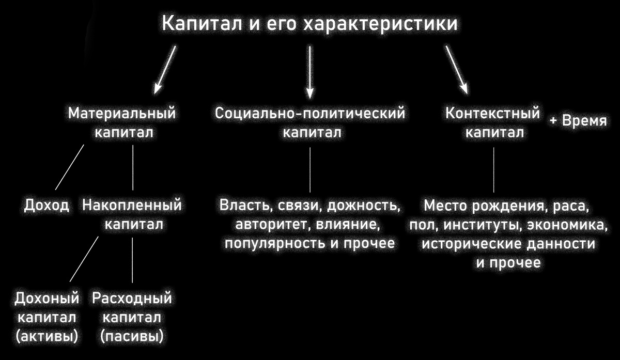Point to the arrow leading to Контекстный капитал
pyautogui.click(x=457, y=69)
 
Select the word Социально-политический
pyautogui.click(x=310, y=113)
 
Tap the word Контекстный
pyautogui.click(x=492, y=113)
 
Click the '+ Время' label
pyautogui.click(x=577, y=122)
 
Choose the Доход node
pyautogui.click(x=47, y=206)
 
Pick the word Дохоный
pyautogui.click(x=47, y=298)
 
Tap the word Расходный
pyautogui.click(x=132, y=298)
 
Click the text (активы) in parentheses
pyautogui.click(x=47, y=336)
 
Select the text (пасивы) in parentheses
pyautogui.click(x=132, y=336)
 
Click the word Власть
pyautogui.click(x=243, y=206)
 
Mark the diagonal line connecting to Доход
pyautogui.click(x=69, y=167)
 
